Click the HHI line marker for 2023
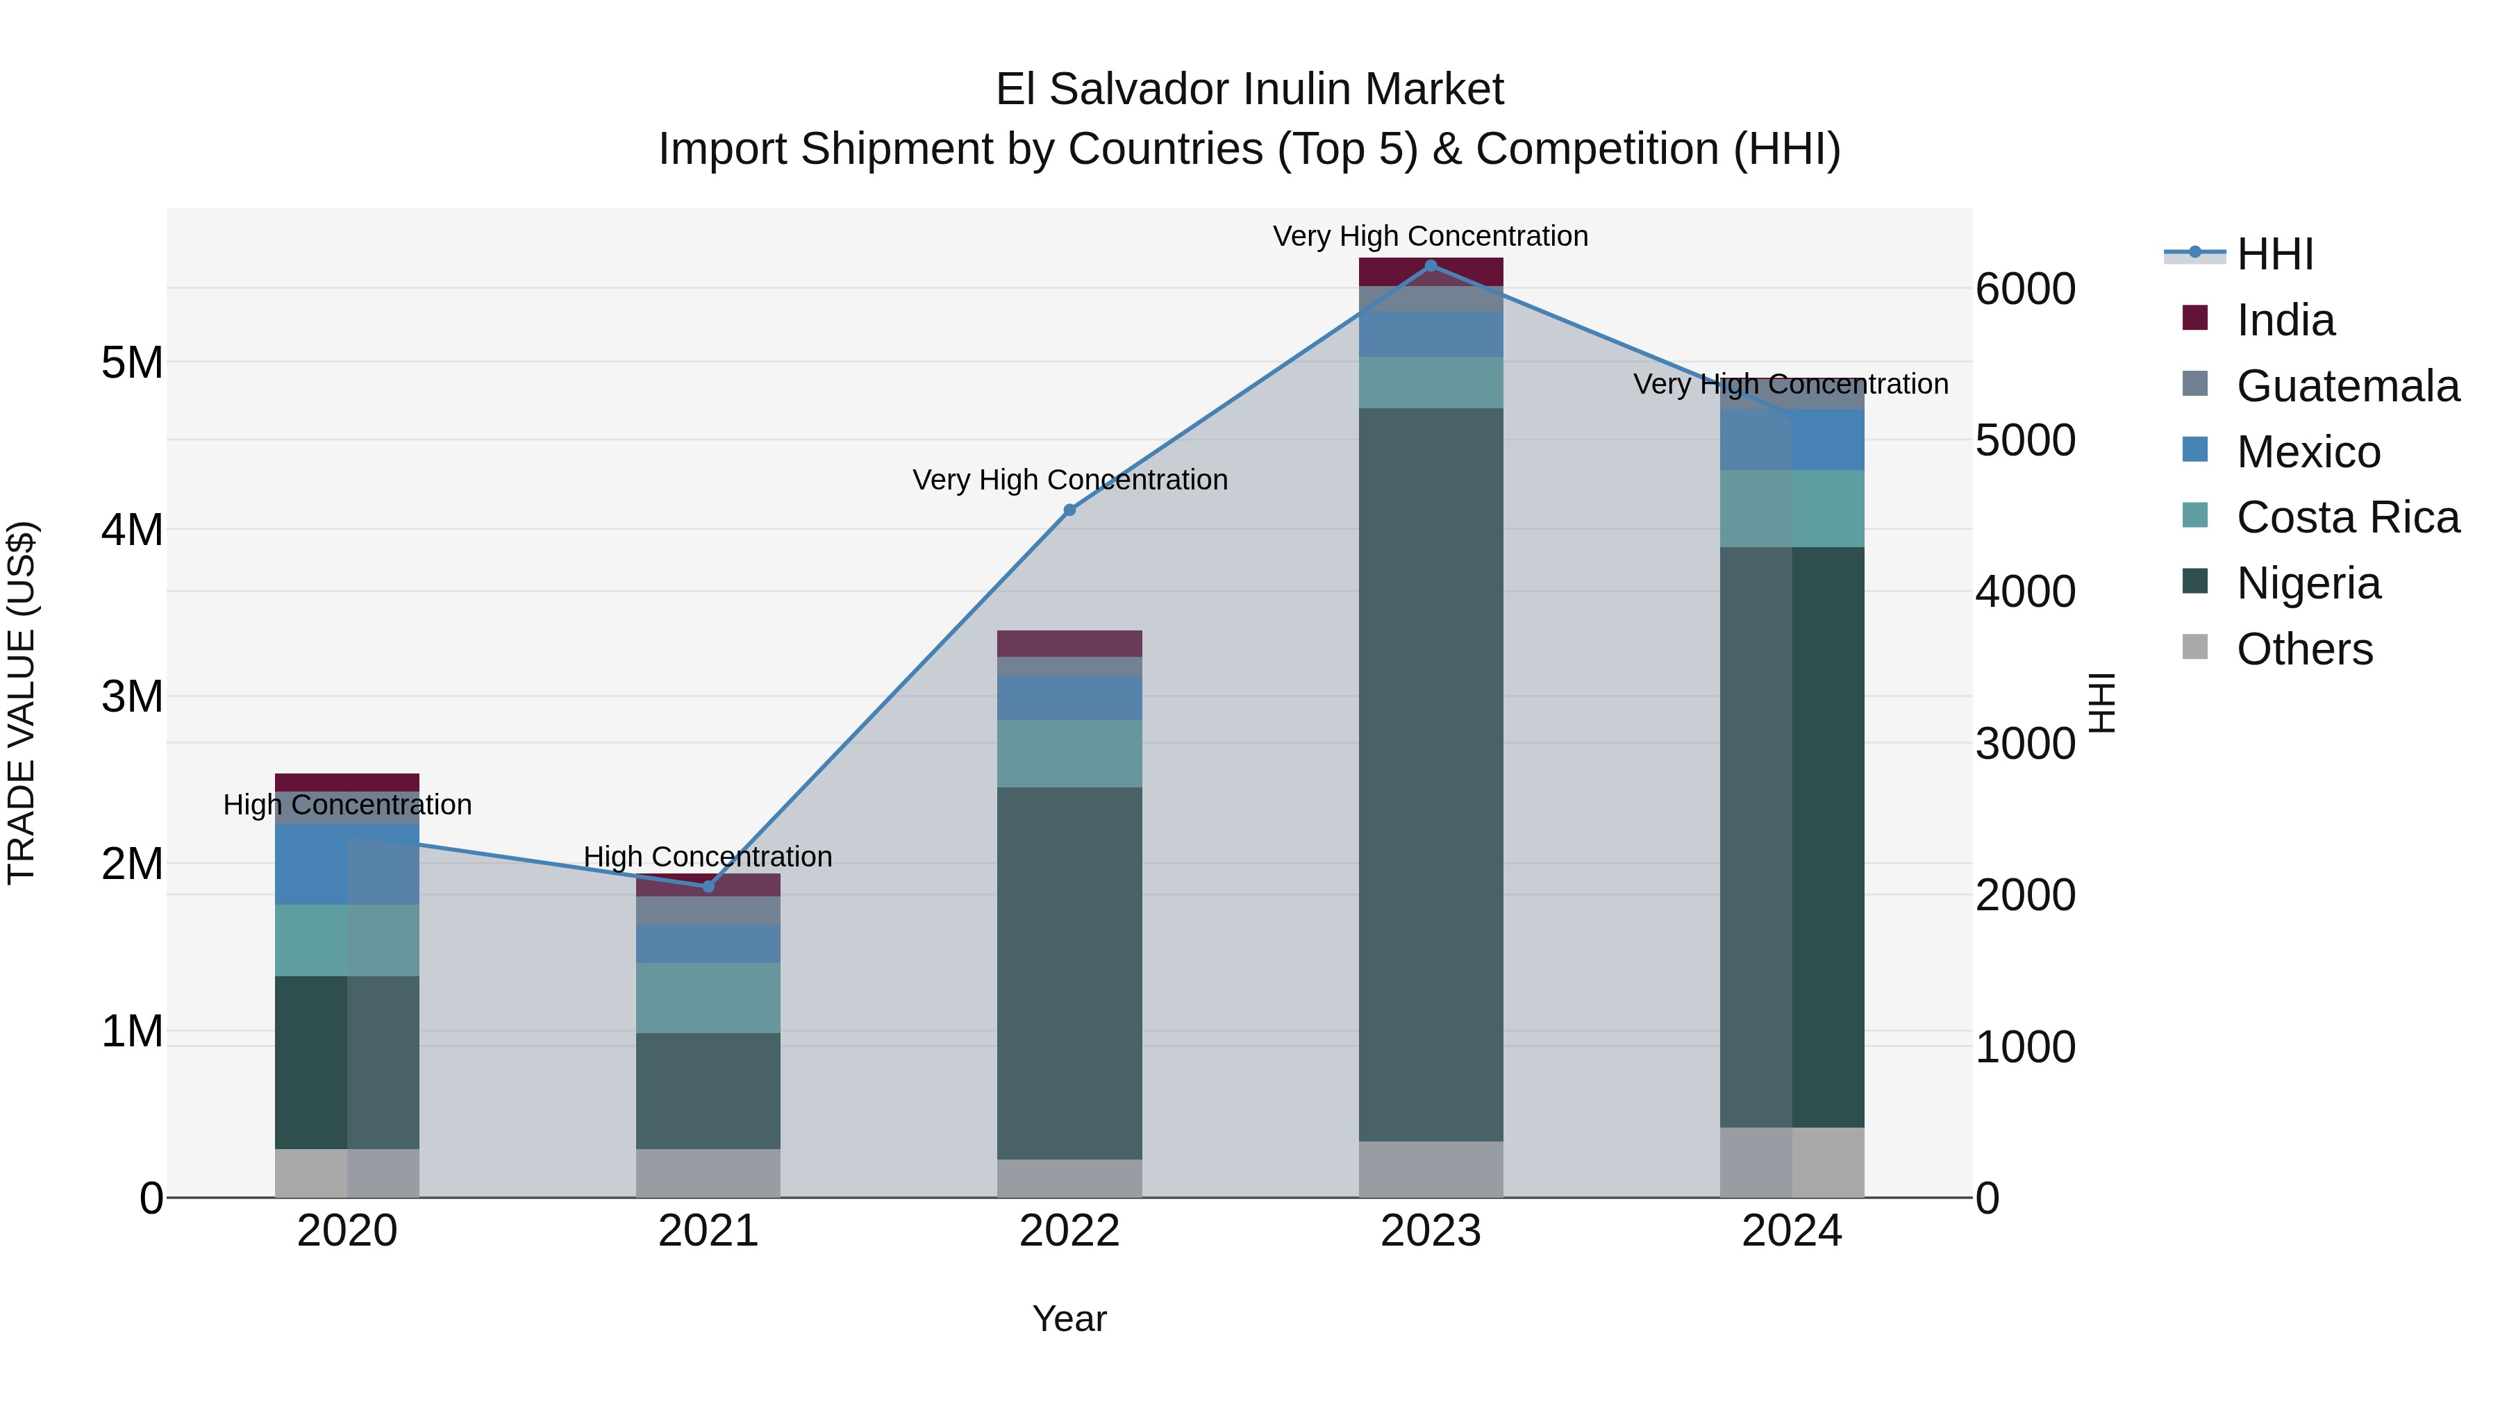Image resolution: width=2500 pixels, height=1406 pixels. click(x=1431, y=266)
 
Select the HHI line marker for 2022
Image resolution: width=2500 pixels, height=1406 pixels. click(x=1069, y=510)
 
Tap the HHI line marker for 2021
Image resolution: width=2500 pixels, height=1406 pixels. click(x=708, y=887)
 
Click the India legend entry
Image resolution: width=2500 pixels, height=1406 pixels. click(x=2285, y=320)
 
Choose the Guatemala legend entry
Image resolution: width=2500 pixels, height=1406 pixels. click(x=2347, y=386)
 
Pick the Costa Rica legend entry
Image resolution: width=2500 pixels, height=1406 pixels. click(x=2347, y=517)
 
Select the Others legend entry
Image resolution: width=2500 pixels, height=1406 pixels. click(x=2304, y=649)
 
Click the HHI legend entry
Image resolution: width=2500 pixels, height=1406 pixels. click(x=2274, y=254)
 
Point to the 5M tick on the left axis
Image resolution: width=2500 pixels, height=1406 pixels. click(x=132, y=363)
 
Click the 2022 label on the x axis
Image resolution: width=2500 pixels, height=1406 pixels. click(x=1069, y=1231)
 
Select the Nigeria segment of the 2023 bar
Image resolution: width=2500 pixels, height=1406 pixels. click(x=1431, y=774)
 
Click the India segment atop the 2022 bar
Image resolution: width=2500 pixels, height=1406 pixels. click(x=1069, y=644)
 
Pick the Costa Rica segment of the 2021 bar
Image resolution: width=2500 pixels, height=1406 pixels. click(x=708, y=998)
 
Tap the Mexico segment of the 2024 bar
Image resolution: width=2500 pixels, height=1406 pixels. click(x=1792, y=440)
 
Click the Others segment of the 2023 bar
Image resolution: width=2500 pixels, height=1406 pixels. click(x=1431, y=1169)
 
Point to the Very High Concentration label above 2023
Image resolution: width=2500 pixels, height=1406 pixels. click(x=1431, y=236)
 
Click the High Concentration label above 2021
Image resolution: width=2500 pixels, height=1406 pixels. click(x=708, y=857)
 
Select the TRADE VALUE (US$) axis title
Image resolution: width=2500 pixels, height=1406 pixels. click(x=22, y=703)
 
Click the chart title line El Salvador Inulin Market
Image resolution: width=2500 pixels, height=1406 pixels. click(x=1250, y=90)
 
